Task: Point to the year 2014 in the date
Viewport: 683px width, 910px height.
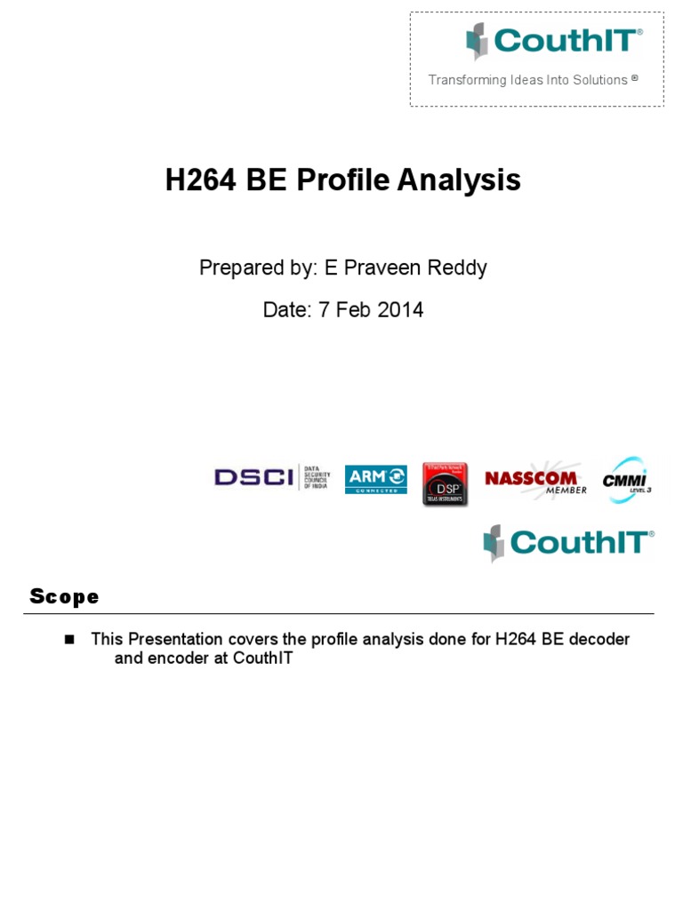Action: pos(400,310)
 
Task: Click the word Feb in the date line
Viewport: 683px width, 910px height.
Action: pos(351,310)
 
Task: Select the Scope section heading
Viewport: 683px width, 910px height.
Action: pos(64,596)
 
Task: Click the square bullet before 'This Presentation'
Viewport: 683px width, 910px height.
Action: pos(71,639)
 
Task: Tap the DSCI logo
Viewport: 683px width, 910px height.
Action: pos(272,478)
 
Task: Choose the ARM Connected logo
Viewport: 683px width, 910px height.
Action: pos(375,479)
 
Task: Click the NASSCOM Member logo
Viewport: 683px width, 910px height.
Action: pos(535,478)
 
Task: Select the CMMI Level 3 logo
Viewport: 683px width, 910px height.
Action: pos(627,479)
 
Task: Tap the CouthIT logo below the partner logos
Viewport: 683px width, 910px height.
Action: pos(568,542)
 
